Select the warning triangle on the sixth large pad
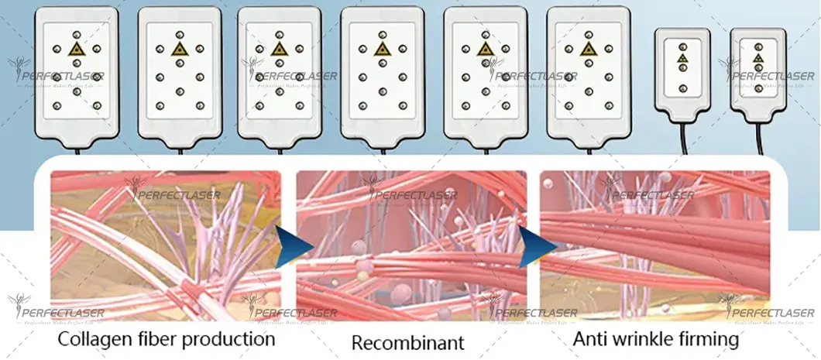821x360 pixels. (x=589, y=49)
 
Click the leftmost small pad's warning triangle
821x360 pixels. (x=682, y=57)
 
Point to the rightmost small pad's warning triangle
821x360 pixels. (x=758, y=57)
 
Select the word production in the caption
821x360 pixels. (x=232, y=340)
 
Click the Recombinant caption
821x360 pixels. (x=408, y=341)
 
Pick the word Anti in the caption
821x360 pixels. (x=591, y=339)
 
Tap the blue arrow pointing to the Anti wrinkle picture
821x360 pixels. (x=535, y=246)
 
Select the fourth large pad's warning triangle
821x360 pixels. (x=382, y=49)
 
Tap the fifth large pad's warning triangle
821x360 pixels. (x=486, y=49)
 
